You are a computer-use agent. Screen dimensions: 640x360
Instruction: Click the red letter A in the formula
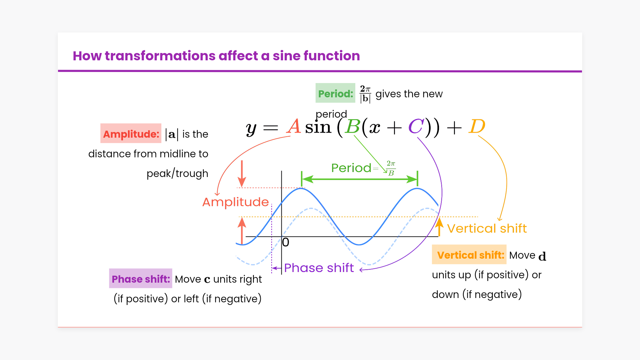pyautogui.click(x=294, y=127)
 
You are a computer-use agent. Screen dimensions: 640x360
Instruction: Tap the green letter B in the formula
pyautogui.click(x=353, y=127)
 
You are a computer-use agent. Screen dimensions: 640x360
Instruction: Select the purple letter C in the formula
pyautogui.click(x=416, y=127)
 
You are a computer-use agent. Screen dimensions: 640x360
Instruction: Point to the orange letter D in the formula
pyautogui.click(x=477, y=127)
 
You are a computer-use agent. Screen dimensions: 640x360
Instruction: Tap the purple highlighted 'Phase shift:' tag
pyautogui.click(x=141, y=278)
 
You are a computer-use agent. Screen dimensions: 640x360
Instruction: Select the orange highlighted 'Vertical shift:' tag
pyautogui.click(x=469, y=255)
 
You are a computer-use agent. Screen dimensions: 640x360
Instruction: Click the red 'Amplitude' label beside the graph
pyautogui.click(x=236, y=202)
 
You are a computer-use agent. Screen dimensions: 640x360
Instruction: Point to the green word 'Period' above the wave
pyautogui.click(x=351, y=168)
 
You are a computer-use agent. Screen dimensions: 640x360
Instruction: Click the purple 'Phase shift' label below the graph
pyautogui.click(x=319, y=268)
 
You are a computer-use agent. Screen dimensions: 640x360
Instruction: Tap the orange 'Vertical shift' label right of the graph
pyautogui.click(x=487, y=229)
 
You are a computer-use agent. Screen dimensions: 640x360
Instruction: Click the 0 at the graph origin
pyautogui.click(x=286, y=242)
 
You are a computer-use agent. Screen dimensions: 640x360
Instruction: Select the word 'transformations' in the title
pyautogui.click(x=182, y=56)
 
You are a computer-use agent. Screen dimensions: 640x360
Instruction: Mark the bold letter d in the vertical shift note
pyautogui.click(x=542, y=256)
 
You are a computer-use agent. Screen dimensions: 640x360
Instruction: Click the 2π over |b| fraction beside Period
pyautogui.click(x=365, y=94)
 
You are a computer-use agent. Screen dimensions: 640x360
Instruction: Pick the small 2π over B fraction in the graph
pyautogui.click(x=391, y=168)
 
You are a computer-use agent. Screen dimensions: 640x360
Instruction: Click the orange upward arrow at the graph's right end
pyautogui.click(x=440, y=227)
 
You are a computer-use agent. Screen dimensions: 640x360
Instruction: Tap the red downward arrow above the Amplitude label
pyautogui.click(x=242, y=174)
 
